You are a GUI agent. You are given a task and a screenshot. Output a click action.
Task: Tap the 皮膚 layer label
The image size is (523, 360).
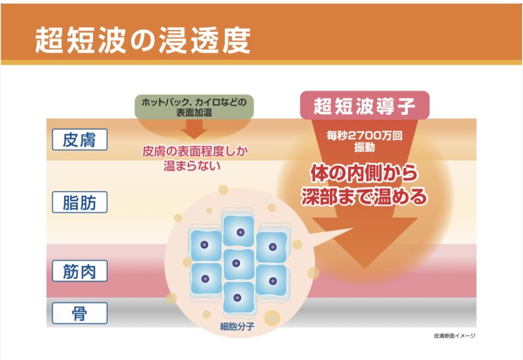80,139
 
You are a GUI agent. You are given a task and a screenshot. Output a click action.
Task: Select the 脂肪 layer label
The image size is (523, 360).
80,202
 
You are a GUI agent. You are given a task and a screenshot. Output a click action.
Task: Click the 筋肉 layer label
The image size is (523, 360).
80,271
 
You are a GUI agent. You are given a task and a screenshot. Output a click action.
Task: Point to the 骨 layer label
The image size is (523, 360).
80,313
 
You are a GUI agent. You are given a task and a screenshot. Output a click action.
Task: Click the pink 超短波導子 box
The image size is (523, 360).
364,105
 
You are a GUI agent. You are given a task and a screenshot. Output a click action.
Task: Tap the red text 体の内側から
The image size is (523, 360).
364,174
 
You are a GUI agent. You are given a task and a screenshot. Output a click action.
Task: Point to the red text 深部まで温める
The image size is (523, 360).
364,197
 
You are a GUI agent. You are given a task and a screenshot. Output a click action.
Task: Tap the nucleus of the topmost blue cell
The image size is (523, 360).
240,232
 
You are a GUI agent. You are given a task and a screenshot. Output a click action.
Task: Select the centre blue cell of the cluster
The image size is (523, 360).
236,263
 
